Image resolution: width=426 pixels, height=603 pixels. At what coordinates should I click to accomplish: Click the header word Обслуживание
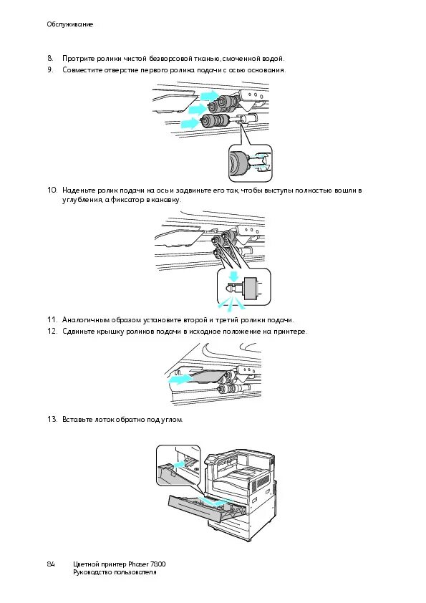coord(70,24)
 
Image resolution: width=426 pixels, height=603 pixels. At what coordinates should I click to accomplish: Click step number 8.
coord(50,59)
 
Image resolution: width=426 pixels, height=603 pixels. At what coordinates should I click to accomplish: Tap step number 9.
coord(50,70)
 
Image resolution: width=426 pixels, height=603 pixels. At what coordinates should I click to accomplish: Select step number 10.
coord(52,190)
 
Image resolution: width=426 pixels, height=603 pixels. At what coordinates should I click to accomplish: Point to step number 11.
coord(52,320)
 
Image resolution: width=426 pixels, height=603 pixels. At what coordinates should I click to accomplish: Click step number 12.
coord(52,332)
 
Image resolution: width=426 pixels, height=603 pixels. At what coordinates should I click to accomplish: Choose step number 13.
coord(52,419)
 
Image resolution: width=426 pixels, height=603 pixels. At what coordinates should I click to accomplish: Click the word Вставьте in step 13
coord(77,419)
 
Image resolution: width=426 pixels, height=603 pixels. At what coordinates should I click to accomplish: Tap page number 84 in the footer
coord(51,564)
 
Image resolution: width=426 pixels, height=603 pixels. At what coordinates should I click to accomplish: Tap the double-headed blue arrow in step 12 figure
coord(181,379)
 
